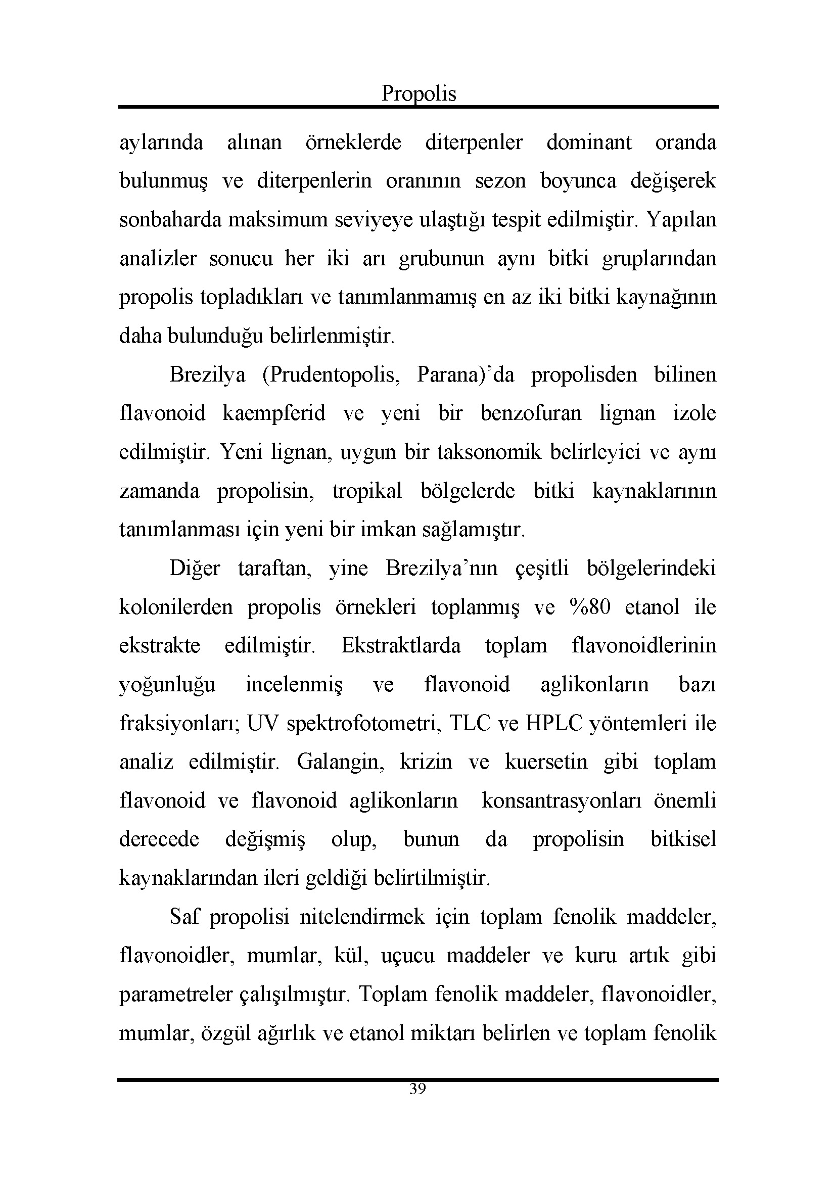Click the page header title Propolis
[x=419, y=93]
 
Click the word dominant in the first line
[x=588, y=142]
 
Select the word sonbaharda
[x=171, y=220]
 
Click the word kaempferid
[x=274, y=413]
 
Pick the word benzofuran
[x=531, y=413]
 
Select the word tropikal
[x=367, y=491]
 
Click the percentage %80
[x=590, y=607]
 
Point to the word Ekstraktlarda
[x=400, y=646]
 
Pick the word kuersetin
[x=546, y=763]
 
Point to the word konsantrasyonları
[x=562, y=801]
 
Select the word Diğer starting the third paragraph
[x=195, y=569]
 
